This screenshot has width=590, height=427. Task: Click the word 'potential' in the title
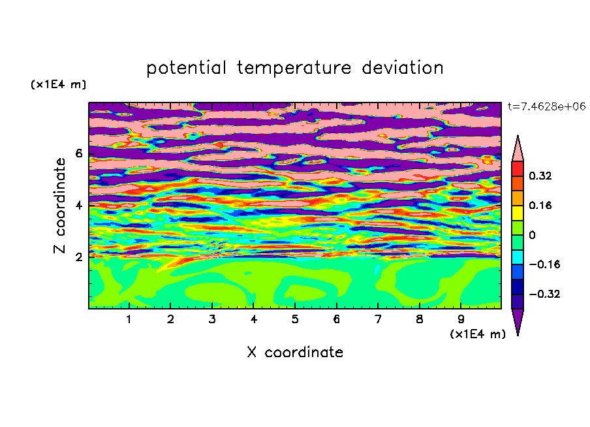point(186,68)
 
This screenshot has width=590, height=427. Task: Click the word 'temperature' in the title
point(294,68)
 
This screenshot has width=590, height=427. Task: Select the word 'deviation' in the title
point(403,68)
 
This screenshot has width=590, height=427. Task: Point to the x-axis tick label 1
point(129,319)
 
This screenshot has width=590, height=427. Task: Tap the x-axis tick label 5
point(295,319)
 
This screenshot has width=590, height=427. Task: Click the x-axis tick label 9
point(461,319)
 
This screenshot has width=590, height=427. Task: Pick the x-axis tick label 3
point(212,319)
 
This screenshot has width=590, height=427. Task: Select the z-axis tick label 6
point(78,153)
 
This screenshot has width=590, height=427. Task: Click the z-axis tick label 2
point(78,257)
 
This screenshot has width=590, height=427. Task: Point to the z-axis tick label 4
point(78,206)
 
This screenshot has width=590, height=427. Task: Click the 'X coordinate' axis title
point(295,352)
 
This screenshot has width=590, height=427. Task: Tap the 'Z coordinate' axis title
point(59,206)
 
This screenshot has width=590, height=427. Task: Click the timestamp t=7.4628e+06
point(546,106)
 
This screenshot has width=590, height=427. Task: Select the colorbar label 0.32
point(540,176)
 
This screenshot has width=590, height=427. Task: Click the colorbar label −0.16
point(544,264)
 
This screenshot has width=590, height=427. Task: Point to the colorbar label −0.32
point(544,294)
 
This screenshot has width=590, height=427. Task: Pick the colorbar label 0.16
point(540,205)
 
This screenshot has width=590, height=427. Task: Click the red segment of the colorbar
point(518,168)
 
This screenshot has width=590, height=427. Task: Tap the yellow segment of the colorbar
point(518,213)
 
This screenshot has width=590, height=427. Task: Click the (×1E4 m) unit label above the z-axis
point(58,84)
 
